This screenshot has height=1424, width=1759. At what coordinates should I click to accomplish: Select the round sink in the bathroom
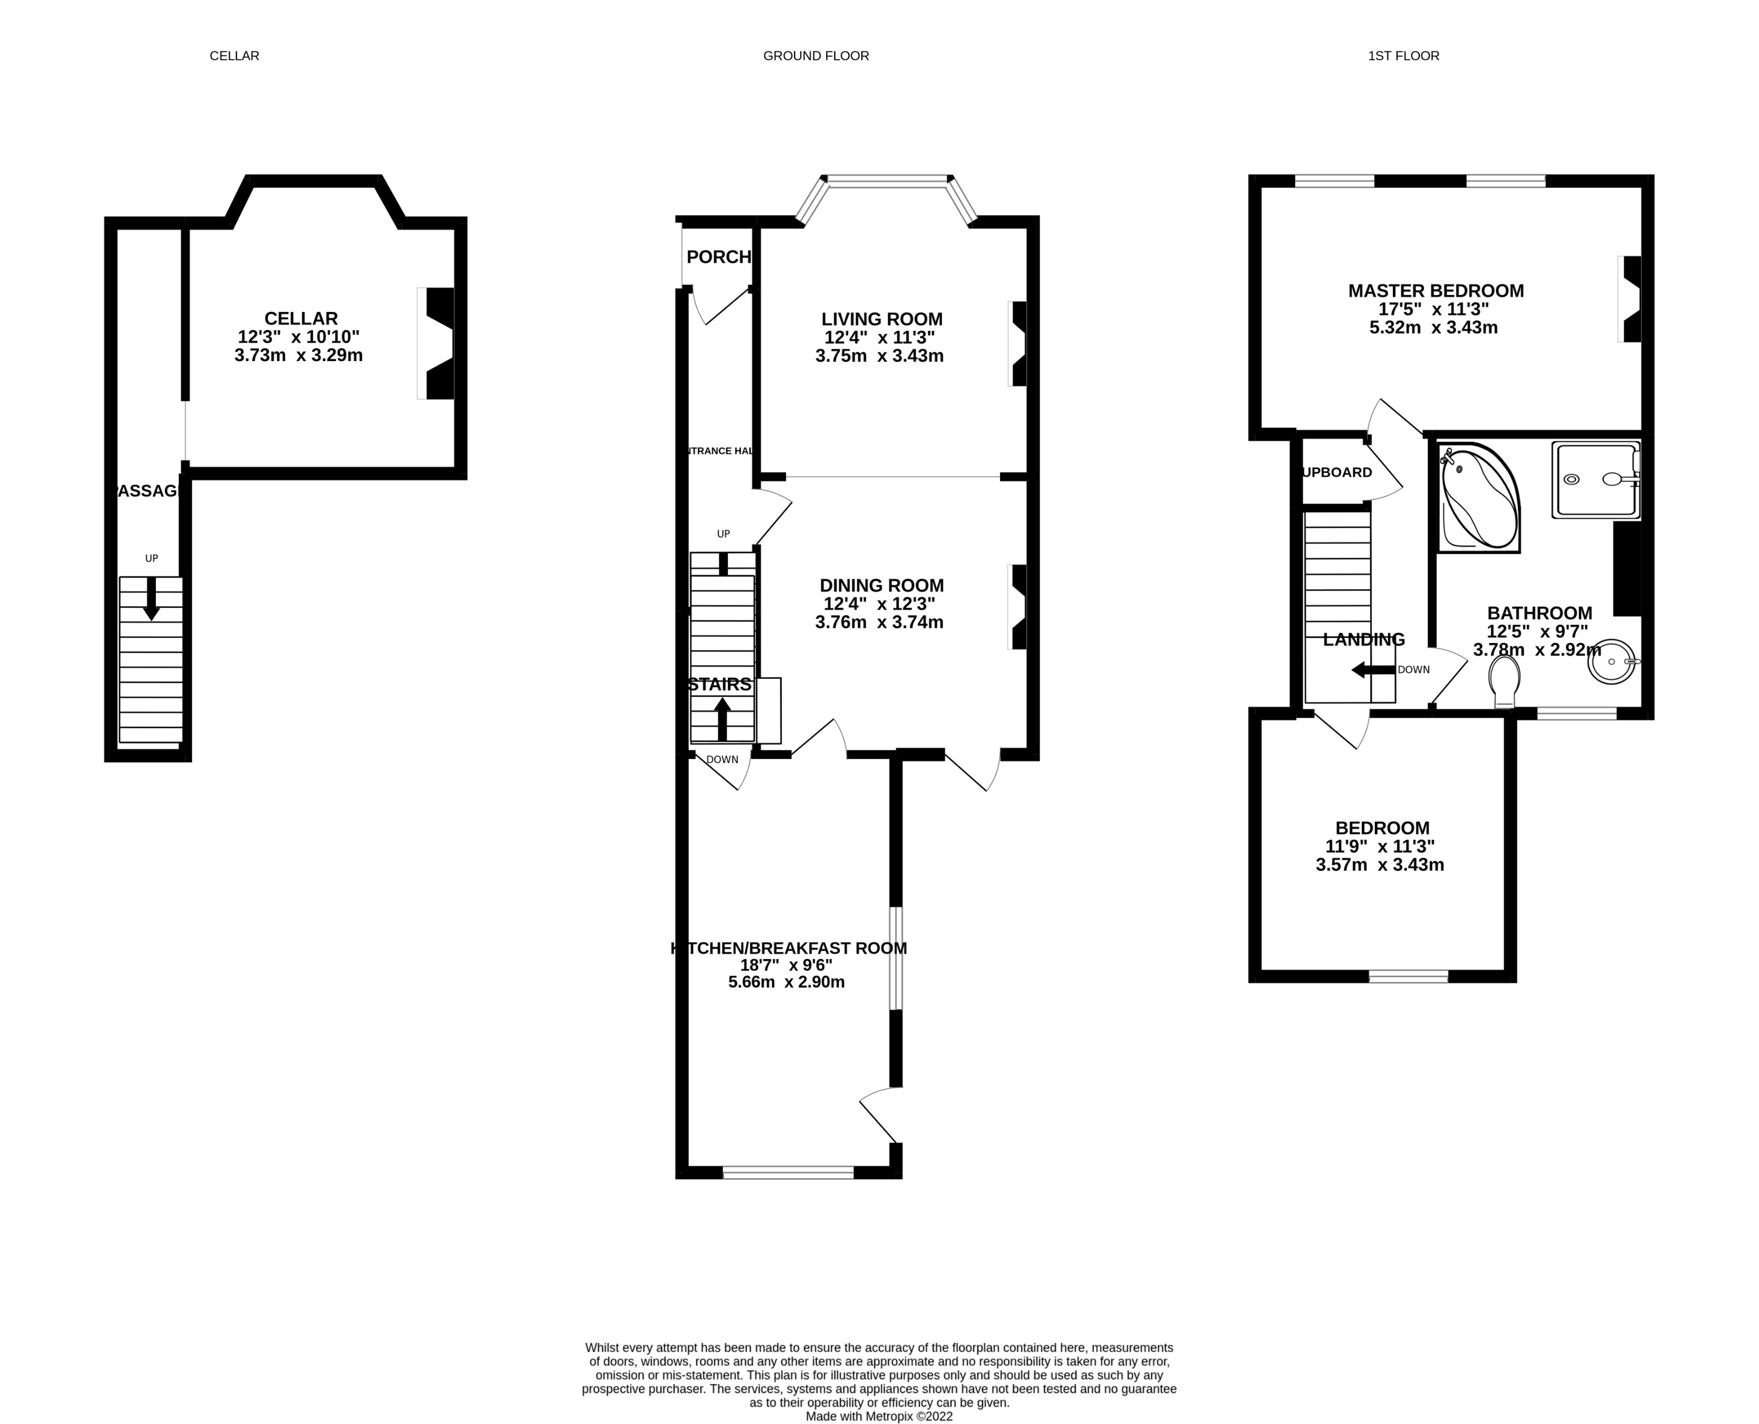click(x=1612, y=661)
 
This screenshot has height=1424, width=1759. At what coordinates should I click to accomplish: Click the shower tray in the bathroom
click(x=1595, y=480)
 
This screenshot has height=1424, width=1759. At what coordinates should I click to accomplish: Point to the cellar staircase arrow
click(x=151, y=599)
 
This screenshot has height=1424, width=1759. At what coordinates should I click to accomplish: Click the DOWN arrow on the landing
click(x=1373, y=670)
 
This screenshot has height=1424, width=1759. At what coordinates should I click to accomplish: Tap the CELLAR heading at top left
click(x=234, y=56)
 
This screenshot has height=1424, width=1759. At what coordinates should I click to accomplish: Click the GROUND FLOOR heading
click(x=816, y=56)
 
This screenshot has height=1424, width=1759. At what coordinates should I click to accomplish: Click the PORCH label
click(x=718, y=257)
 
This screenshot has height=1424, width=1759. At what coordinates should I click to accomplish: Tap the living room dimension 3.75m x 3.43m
click(x=879, y=356)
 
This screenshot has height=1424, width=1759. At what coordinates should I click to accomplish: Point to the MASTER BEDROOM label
click(x=1436, y=290)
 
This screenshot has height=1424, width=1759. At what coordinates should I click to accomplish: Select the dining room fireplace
click(x=1018, y=607)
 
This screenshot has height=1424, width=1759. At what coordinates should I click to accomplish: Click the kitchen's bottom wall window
click(x=788, y=1173)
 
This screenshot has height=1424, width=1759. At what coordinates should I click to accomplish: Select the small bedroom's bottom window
click(x=1408, y=976)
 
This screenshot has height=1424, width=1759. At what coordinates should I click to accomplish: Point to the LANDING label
click(x=1363, y=640)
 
